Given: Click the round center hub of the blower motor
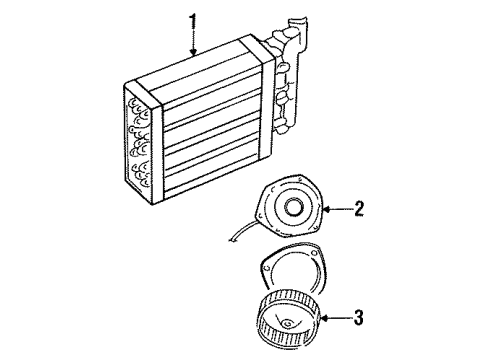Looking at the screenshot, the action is coord(296,211).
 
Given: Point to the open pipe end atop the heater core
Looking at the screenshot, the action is coord(298,22).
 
